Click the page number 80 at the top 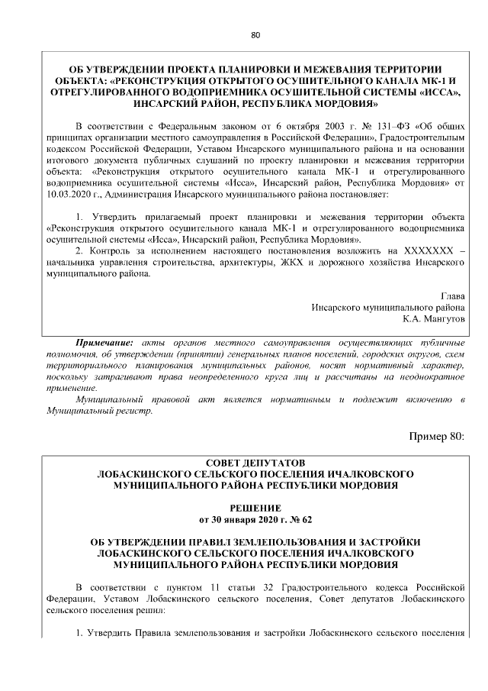pyautogui.click(x=255, y=34)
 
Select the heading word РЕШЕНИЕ pyautogui.click(x=255, y=508)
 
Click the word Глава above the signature pyautogui.click(x=452, y=295)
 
